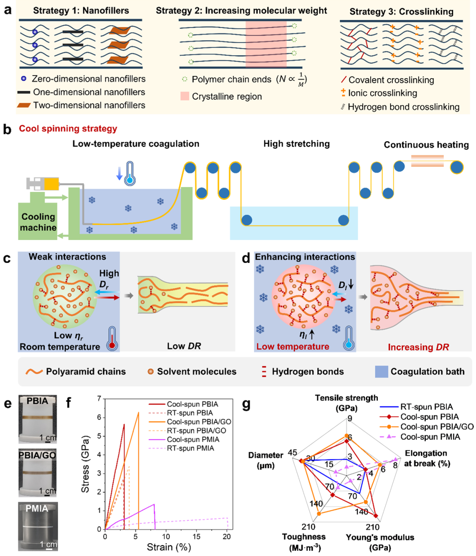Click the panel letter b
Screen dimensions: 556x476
pyautogui.click(x=7, y=129)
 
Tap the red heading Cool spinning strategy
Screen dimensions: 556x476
pyautogui.click(x=68, y=129)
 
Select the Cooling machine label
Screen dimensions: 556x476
pyautogui.click(x=38, y=222)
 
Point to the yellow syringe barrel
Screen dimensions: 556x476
pyautogui.click(x=51, y=184)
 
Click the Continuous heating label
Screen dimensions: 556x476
pyautogui.click(x=426, y=145)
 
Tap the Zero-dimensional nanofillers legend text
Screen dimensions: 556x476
pyautogui.click(x=88, y=79)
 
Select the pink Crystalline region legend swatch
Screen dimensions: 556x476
pyautogui.click(x=185, y=96)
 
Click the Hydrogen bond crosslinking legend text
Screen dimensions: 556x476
pyautogui.click(x=403, y=107)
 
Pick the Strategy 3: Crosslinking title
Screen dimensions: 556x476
pyautogui.click(x=401, y=12)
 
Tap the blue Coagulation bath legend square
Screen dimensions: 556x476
pyautogui.click(x=381, y=372)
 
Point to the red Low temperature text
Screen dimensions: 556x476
pyautogui.click(x=293, y=346)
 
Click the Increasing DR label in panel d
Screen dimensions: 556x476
pyautogui.click(x=418, y=347)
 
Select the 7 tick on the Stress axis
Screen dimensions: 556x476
pyautogui.click(x=99, y=399)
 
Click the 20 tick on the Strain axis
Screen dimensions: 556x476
pyautogui.click(x=227, y=537)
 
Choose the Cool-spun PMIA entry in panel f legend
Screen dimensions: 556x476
pyautogui.click(x=192, y=440)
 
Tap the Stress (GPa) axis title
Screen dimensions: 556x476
pyautogui.click(x=86, y=464)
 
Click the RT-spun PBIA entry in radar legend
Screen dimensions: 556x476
pyautogui.click(x=426, y=407)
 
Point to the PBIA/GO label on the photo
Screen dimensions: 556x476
pyautogui.click(x=37, y=455)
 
